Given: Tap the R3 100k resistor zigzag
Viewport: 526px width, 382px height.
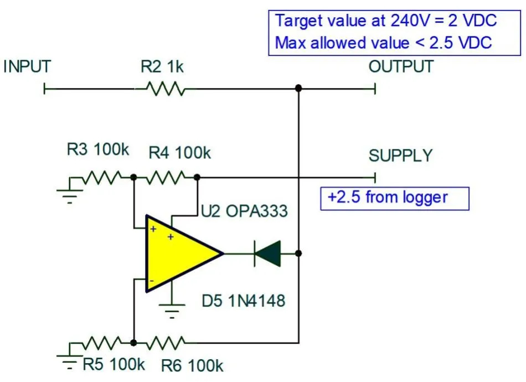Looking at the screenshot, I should (x=102, y=177).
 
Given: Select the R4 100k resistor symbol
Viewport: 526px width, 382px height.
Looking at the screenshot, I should (x=165, y=177).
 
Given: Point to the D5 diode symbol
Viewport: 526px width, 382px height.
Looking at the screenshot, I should (x=267, y=254).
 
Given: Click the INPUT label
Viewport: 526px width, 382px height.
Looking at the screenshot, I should (x=27, y=67).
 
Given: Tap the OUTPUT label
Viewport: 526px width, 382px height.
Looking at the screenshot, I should (x=401, y=67).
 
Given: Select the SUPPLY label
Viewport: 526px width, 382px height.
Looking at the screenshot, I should (x=400, y=156).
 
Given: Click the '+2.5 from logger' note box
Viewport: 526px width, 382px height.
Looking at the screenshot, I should (x=395, y=198).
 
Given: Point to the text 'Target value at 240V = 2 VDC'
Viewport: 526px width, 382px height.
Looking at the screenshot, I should (x=386, y=21).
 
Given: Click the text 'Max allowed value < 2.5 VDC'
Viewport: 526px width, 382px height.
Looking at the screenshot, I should (x=384, y=43).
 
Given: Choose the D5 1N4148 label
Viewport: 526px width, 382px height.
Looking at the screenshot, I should (x=244, y=301).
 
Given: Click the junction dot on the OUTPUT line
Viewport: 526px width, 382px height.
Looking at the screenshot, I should (x=298, y=89).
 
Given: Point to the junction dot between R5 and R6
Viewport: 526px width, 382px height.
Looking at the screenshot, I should (x=133, y=343).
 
